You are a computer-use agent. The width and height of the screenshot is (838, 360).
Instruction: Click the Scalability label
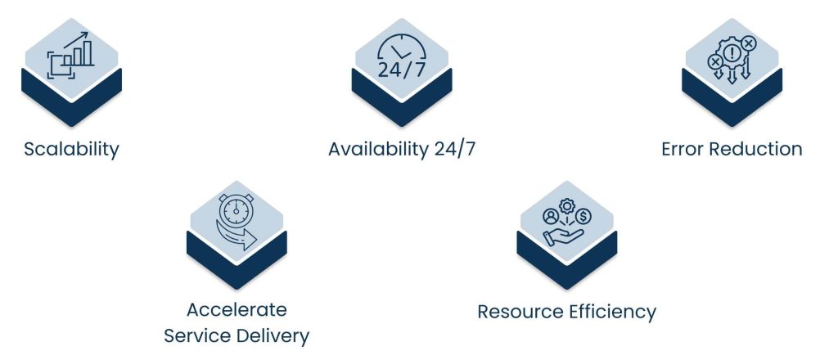click(71, 150)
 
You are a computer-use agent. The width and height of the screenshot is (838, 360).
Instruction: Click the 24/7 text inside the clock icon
click(401, 69)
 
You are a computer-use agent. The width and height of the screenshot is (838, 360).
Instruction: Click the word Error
click(685, 150)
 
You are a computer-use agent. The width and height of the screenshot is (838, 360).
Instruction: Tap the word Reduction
click(757, 150)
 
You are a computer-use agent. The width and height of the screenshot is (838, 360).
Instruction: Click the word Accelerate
click(237, 310)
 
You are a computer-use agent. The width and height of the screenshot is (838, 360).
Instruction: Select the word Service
click(200, 335)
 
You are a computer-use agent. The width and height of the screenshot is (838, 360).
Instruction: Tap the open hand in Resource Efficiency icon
click(565, 236)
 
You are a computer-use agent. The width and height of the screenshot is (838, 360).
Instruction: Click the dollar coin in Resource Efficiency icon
click(583, 216)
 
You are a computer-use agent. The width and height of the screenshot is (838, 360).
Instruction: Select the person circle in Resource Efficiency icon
click(550, 216)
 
